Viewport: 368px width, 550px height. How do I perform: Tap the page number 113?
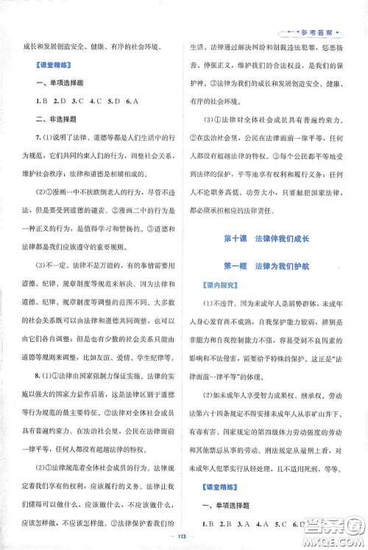[x=183, y=536]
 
